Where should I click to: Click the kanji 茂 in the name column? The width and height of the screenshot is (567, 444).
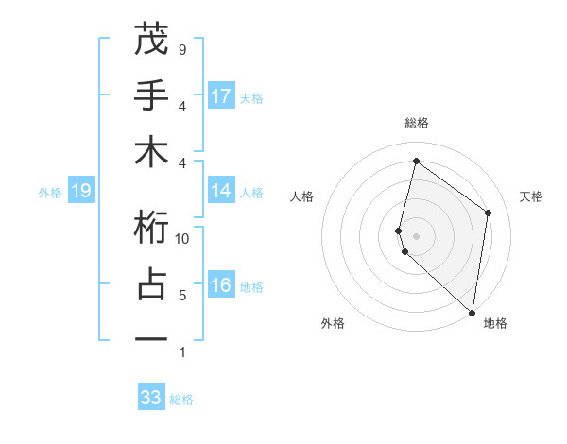coord(151,40)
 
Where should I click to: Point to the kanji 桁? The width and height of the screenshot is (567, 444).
coord(151,227)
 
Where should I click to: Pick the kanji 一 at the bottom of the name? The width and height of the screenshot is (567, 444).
coord(151,338)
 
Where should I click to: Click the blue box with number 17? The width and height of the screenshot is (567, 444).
coord(221,95)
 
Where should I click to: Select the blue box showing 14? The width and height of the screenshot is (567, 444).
coord(221,192)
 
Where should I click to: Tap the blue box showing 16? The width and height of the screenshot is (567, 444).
coord(221,286)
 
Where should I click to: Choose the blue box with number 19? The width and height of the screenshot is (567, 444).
coord(80,192)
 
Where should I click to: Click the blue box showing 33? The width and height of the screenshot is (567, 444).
coord(151,398)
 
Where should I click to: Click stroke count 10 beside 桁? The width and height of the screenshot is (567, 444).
coord(182,238)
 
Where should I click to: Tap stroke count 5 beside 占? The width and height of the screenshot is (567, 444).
coord(181,296)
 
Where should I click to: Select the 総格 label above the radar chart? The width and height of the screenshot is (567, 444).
coord(416,123)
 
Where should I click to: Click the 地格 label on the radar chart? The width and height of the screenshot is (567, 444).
coord(495,323)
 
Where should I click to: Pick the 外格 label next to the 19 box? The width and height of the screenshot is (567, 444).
coord(50,193)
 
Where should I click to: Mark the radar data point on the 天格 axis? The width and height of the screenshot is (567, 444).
coord(489,213)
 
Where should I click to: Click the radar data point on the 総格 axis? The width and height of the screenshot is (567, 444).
coord(416,161)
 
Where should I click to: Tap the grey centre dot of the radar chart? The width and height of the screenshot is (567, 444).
coord(416,234)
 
